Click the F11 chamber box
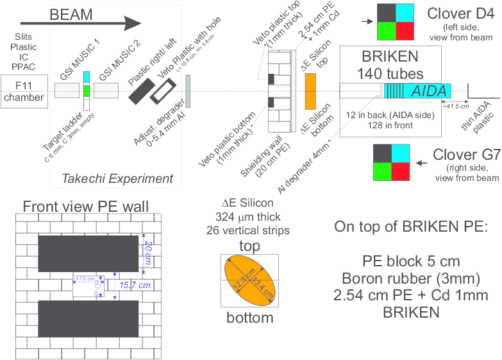pyautogui.click(x=24, y=91)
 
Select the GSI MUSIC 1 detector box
pyautogui.click(x=67, y=91)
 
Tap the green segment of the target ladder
pyautogui.click(x=87, y=90)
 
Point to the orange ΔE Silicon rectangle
pyautogui.click(x=310, y=91)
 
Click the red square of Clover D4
pyautogui.click(x=405, y=31)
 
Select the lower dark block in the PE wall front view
pyautogui.click(x=88, y=319)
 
